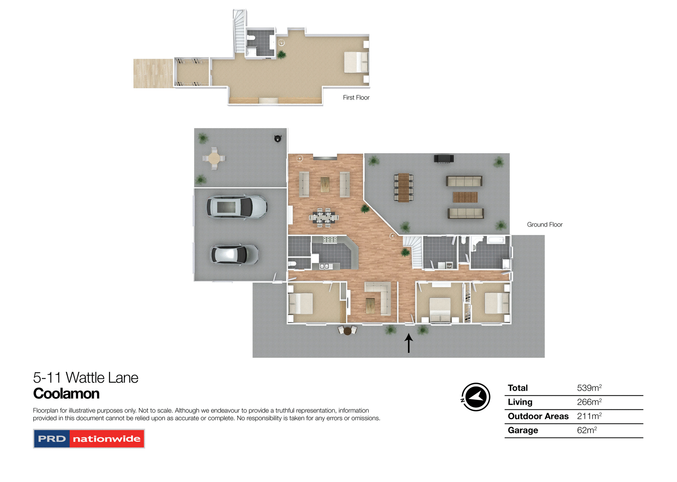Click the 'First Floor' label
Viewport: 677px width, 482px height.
coord(356,98)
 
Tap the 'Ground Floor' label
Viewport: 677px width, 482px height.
coord(544,225)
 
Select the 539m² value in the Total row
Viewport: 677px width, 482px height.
coord(589,388)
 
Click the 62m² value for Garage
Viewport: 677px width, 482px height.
coord(586,430)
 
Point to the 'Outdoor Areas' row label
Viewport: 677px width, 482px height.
coord(538,416)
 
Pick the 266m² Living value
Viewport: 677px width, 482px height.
coord(589,402)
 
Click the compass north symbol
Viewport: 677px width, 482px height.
coord(476,397)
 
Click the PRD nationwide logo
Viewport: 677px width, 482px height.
coord(89,439)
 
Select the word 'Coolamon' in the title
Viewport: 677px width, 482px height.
coord(66,394)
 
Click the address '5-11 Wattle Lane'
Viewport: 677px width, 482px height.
coord(86,378)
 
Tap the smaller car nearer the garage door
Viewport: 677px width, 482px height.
coord(234,254)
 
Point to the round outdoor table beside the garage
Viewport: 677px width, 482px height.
coord(214,158)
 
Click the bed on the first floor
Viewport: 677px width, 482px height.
coord(356,62)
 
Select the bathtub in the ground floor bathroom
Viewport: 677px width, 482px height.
coord(496,240)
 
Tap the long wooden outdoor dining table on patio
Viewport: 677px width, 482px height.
coord(404,187)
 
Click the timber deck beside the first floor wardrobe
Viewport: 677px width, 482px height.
coord(153,73)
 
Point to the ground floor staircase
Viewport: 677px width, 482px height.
coord(414,250)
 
